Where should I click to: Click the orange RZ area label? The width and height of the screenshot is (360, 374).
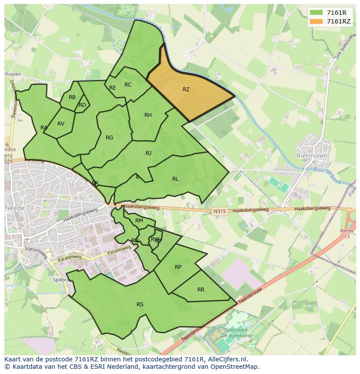[186, 89]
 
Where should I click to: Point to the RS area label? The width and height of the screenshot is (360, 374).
[140, 304]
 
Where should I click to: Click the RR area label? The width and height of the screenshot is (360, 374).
[201, 290]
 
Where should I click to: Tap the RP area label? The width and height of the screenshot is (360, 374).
[178, 267]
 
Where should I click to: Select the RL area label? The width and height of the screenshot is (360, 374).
[175, 179]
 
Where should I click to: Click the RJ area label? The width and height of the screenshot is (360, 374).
[149, 153]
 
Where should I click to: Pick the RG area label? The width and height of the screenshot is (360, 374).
[110, 138]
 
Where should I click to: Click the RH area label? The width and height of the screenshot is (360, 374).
[148, 115]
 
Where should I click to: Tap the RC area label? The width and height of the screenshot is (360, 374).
[128, 85]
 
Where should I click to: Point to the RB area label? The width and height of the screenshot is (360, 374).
[72, 97]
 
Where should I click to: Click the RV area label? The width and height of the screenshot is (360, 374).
[61, 124]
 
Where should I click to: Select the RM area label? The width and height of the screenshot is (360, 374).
[139, 221]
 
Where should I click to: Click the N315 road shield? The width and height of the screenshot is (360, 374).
[220, 212]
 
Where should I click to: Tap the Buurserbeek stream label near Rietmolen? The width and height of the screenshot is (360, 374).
[328, 169]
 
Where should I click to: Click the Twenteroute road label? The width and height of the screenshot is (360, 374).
[250, 298]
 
